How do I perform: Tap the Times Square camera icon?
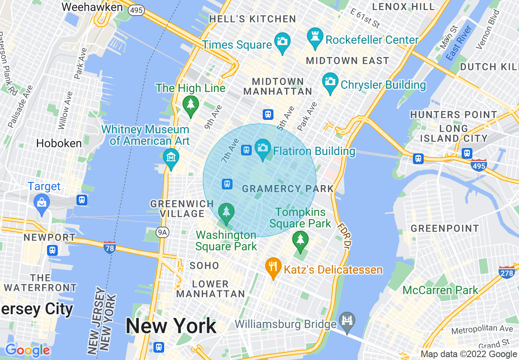(x=282, y=41)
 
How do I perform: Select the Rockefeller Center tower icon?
(x=315, y=37)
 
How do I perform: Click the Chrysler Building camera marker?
(x=330, y=81)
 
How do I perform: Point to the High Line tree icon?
(x=190, y=104)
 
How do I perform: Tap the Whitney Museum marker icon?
(x=171, y=157)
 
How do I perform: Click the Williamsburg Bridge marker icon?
(x=347, y=320)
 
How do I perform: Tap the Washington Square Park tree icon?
(x=226, y=212)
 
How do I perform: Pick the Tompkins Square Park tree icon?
(x=300, y=239)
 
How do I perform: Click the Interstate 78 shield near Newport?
(x=109, y=247)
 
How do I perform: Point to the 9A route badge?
(x=162, y=232)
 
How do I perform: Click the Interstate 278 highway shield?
(x=507, y=272)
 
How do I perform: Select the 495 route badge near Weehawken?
(x=136, y=10)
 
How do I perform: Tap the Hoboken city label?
(x=59, y=144)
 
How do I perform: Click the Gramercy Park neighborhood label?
(x=288, y=189)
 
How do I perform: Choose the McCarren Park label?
(x=440, y=290)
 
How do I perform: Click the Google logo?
(x=27, y=350)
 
